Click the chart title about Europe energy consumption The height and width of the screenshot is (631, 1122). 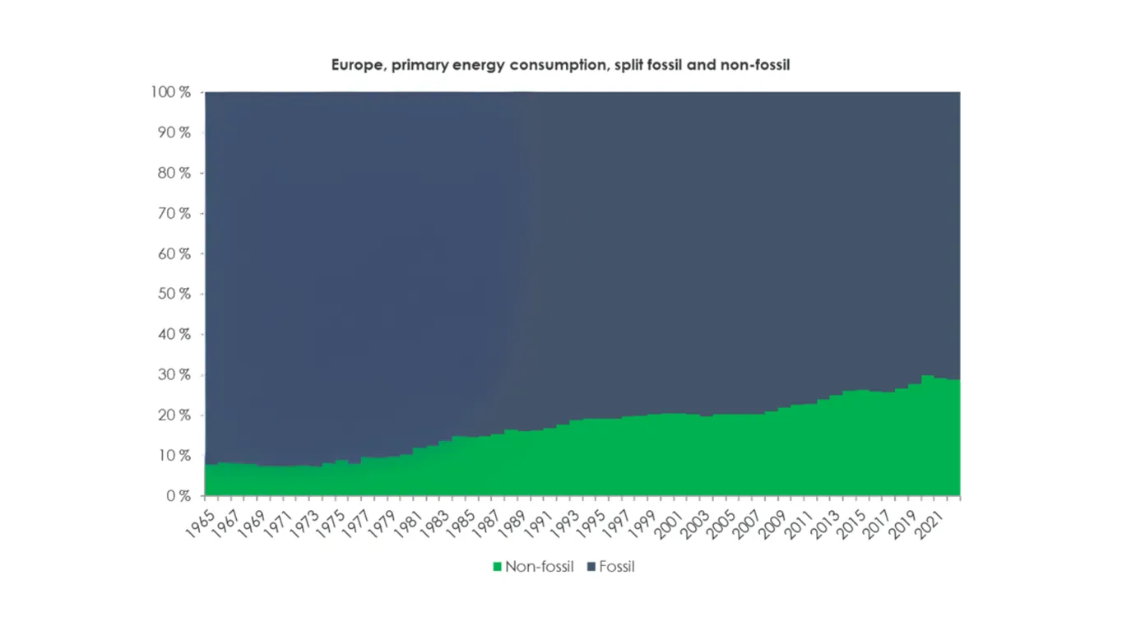click(560, 64)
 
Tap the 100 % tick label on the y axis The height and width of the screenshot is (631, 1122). click(171, 92)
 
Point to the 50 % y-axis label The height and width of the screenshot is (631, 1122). click(174, 294)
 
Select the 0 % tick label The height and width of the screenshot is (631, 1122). click(178, 496)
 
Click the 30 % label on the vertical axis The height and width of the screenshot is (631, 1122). click(174, 374)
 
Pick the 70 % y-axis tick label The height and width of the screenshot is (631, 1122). click(174, 213)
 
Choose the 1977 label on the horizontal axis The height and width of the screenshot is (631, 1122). click(357, 521)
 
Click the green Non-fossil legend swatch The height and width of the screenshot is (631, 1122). click(497, 567)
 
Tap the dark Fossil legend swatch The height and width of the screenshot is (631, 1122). click(591, 567)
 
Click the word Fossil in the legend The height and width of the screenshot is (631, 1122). click(617, 567)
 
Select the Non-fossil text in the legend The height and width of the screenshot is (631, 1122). click(539, 567)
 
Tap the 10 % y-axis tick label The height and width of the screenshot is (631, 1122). click(174, 455)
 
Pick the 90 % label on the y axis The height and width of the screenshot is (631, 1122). click(174, 132)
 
